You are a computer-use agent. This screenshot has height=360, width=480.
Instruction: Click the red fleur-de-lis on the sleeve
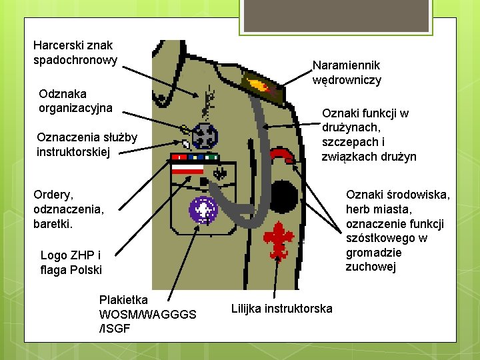pos(278,235)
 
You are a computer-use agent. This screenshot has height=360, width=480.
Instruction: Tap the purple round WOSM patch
pos(203,209)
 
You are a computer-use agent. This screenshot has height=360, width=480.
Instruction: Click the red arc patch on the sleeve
pos(281,155)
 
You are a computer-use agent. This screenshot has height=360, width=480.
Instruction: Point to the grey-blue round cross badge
pos(205,137)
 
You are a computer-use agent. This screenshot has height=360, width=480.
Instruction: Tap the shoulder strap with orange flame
pos(262,84)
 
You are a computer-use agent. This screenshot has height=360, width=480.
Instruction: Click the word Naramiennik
pos(347,65)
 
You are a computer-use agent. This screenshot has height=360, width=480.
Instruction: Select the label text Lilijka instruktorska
pos(281,308)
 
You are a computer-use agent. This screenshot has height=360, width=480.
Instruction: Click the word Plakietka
pos(123,299)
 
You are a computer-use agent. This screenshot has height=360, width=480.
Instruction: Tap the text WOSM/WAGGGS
pos(147,314)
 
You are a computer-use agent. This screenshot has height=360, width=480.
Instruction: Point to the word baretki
pos(53,223)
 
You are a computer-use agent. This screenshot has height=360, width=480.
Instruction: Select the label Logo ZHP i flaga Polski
pos(71,263)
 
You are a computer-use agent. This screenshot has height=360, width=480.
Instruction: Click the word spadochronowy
pos(75,60)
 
